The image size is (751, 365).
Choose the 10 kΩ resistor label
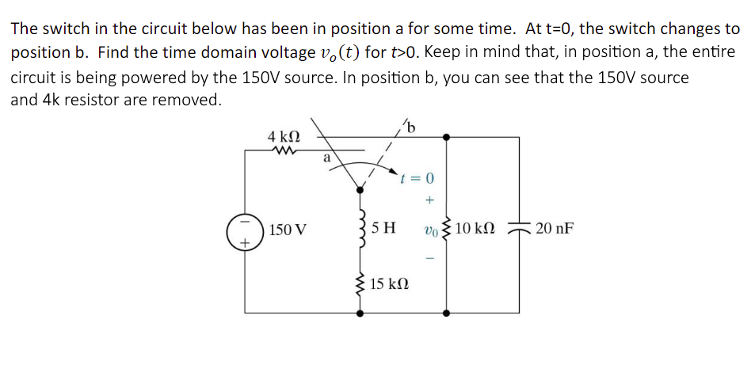(475, 230)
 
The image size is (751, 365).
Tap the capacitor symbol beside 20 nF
(520, 228)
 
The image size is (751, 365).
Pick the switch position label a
(326, 158)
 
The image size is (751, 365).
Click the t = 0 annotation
(419, 178)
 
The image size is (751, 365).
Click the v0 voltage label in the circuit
(429, 230)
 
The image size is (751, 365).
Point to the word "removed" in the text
(188, 101)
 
